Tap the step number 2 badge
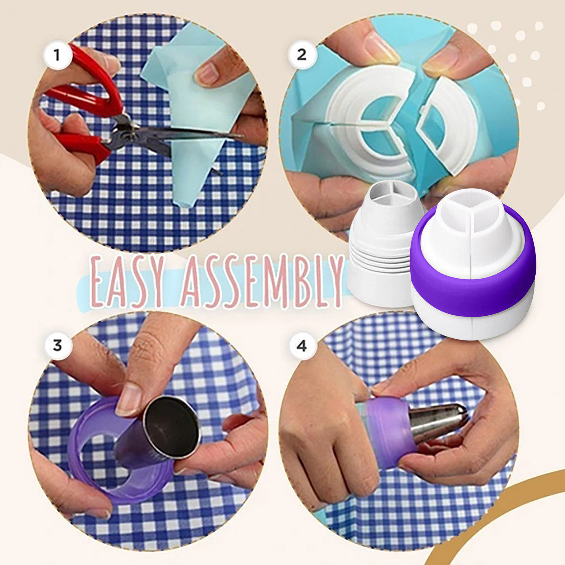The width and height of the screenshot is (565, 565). pyautogui.click(x=302, y=55)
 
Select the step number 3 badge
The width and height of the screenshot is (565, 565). pyautogui.click(x=58, y=345)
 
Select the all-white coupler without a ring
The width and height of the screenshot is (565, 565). pyautogui.click(x=383, y=244)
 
